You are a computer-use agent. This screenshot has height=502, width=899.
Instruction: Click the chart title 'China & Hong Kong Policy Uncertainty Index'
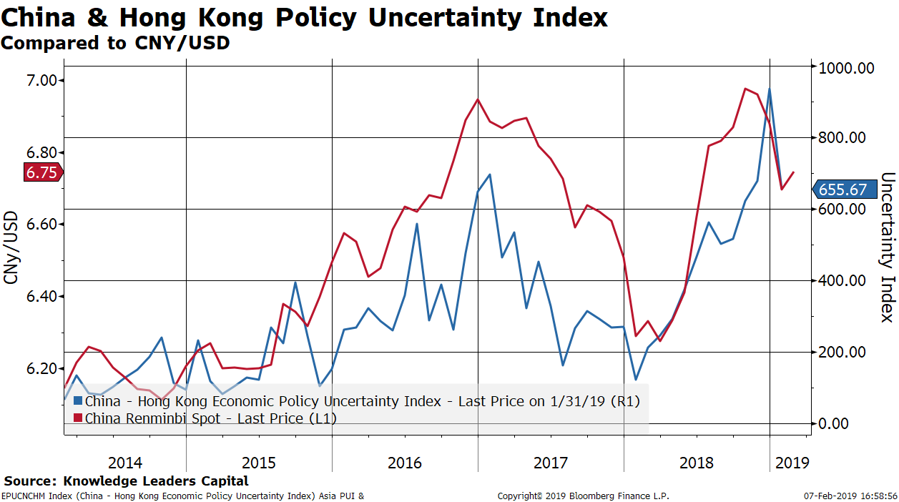304,17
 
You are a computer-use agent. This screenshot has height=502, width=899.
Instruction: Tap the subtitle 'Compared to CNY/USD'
115,43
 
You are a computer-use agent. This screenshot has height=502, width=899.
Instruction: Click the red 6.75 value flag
42,172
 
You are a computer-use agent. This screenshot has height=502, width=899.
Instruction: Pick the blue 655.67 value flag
843,190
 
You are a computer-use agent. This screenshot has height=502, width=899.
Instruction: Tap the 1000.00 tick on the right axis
847,69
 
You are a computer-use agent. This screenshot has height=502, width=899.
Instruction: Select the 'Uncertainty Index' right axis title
888,247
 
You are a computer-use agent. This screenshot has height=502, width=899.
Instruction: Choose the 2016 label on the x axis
405,463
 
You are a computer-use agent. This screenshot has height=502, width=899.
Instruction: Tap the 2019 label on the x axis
792,463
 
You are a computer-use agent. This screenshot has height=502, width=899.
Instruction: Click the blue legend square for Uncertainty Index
78,401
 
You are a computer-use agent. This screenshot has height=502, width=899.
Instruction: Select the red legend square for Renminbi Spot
78,418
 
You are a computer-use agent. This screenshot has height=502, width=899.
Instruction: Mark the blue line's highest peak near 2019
770,89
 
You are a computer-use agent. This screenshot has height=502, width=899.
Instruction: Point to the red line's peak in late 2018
745,89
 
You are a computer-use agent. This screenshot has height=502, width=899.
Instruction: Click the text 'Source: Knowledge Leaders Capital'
127,481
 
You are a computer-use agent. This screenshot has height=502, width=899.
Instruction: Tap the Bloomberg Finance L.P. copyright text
583,496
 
